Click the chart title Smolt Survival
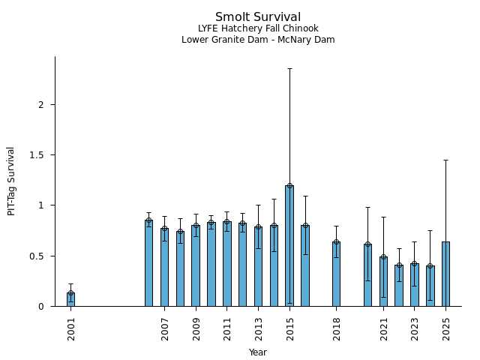(x=258, y=17)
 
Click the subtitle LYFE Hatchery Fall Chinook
(x=258, y=28)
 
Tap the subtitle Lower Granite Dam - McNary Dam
(x=258, y=40)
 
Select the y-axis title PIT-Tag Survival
(x=11, y=181)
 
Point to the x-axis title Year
(x=258, y=352)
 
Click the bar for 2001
(x=70, y=299)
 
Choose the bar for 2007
(x=164, y=267)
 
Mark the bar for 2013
(x=258, y=266)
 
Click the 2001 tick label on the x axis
(x=71, y=328)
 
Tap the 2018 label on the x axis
(x=337, y=328)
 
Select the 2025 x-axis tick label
(x=446, y=328)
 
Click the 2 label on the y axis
(x=42, y=104)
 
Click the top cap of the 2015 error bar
(x=289, y=69)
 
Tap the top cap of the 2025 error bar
(x=445, y=160)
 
